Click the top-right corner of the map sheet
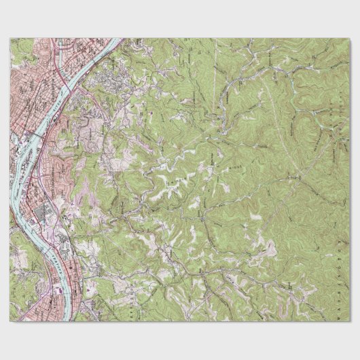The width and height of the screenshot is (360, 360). (350, 38)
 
